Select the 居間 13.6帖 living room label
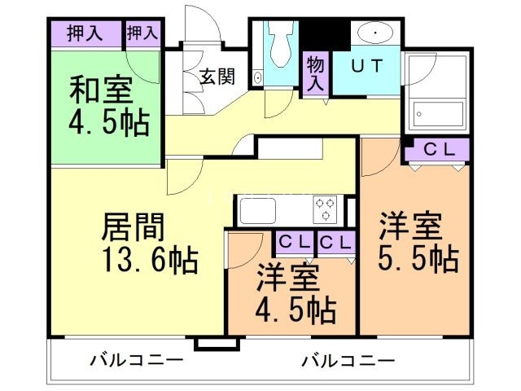point(148,242)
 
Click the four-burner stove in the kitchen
point(326,209)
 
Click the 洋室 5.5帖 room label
point(418,243)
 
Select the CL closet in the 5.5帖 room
point(436,150)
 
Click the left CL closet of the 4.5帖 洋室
point(291,242)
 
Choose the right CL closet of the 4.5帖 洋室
point(335,242)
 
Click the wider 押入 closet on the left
point(85,33)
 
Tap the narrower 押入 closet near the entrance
point(142,33)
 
